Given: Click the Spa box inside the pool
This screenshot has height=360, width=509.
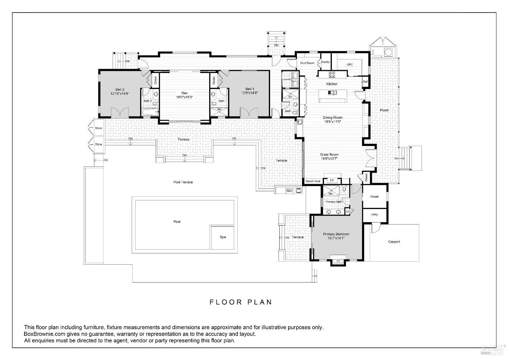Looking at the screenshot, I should pyautogui.click(x=223, y=237).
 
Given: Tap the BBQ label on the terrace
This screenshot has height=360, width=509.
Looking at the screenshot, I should pyautogui.click(x=289, y=191).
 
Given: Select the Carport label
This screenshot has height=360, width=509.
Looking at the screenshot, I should pyautogui.click(x=394, y=242).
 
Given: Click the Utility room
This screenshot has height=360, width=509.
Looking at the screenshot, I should pyautogui.click(x=374, y=215).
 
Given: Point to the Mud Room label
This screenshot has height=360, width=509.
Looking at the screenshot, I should pyautogui.click(x=307, y=63).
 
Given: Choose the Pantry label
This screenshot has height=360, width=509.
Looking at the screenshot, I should pyautogui.click(x=325, y=62).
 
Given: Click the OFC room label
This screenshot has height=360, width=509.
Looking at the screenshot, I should pyautogui.click(x=350, y=65).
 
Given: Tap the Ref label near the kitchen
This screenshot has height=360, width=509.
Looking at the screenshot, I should pyautogui.click(x=365, y=82).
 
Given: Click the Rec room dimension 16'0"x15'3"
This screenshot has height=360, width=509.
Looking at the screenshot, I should pyautogui.click(x=184, y=97).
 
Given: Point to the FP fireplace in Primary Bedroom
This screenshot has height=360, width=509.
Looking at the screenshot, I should pyautogui.click(x=338, y=261).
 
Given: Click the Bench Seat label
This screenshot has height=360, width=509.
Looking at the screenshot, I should pyautogui.click(x=313, y=181).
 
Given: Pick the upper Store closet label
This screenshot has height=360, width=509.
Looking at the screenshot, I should pyautogui.click(x=98, y=128).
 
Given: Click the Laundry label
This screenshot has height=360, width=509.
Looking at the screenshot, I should pyautogui.click(x=287, y=79).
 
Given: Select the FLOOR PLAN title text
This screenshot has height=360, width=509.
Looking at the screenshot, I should pyautogui.click(x=241, y=302).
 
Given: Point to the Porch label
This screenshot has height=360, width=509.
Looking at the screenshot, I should pyautogui.click(x=384, y=110).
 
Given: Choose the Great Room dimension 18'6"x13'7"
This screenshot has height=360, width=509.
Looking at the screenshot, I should pyautogui.click(x=329, y=158).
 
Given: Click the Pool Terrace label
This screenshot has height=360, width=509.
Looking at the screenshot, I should pyautogui.click(x=183, y=182).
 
